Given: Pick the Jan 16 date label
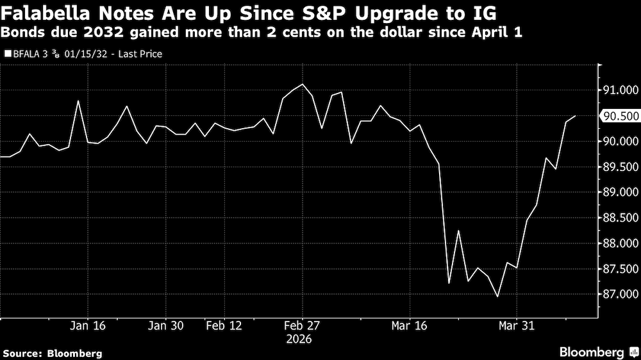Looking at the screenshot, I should tap(88, 325).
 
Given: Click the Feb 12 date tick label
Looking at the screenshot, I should tap(224, 325).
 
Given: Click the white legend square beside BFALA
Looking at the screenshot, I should tap(8, 54).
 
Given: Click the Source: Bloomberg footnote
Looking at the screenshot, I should tap(53, 353).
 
